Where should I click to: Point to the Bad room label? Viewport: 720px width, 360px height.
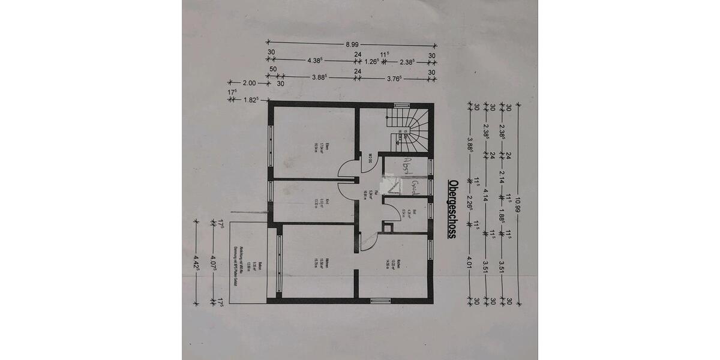pyautogui.click(x=408, y=212)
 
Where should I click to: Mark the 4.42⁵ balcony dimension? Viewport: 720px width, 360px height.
pyautogui.click(x=196, y=263)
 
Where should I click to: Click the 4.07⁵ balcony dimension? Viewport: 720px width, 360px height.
pyautogui.click(x=214, y=263)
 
